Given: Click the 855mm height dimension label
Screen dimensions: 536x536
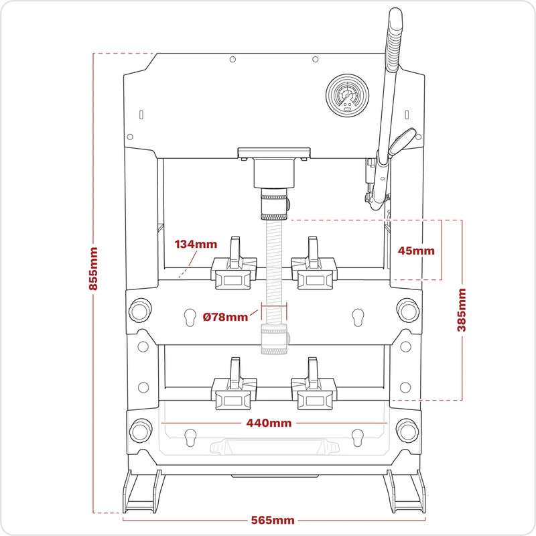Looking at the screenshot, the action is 93,269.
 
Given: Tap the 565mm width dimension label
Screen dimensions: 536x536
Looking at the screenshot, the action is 273,521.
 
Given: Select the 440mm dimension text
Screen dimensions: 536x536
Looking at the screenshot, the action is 269,423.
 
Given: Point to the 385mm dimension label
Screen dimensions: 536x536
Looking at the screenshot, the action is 462,310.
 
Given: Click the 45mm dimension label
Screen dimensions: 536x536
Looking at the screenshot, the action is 416,251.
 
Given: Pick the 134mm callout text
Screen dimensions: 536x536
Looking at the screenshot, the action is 196,244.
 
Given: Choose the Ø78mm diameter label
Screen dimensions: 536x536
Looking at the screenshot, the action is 225,317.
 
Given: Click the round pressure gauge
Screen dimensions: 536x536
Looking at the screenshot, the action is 347,96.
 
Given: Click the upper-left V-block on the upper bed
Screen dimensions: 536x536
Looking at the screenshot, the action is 234,265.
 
